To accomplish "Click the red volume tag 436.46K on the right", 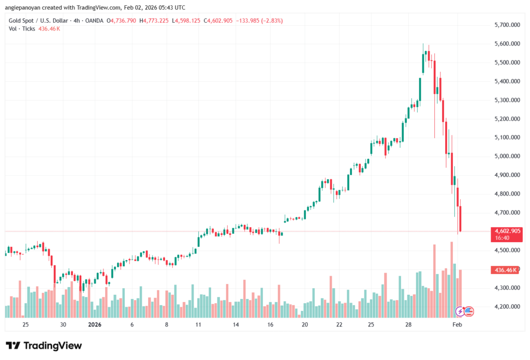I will [x=505, y=270].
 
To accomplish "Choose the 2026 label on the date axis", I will [x=95, y=325].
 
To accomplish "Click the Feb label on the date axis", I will [x=457, y=325].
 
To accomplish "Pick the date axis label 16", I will [x=270, y=325].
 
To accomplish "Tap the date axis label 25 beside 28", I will [x=371, y=325].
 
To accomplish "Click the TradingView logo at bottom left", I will [x=44, y=346].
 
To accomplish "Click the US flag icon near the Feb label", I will [x=469, y=311].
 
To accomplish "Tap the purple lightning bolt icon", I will [x=460, y=311].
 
